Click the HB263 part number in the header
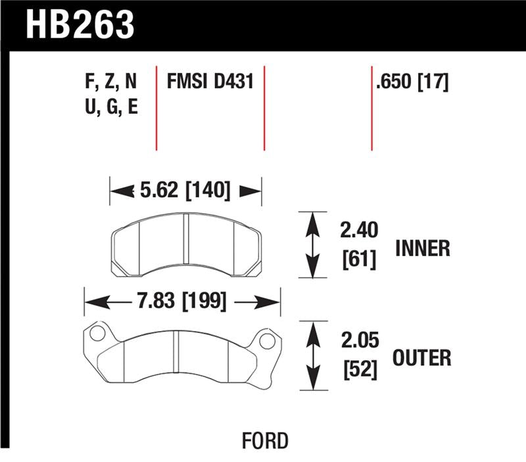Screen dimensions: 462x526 tap(80, 24)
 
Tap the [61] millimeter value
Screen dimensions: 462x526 tap(358, 261)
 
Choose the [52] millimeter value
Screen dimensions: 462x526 tap(358, 370)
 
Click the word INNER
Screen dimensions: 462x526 tap(422, 248)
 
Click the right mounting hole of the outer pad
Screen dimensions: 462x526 tap(266, 341)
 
